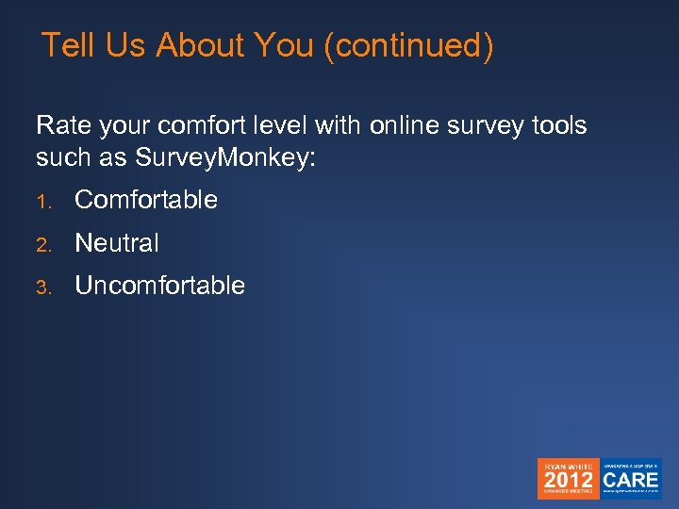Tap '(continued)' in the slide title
pyautogui.click(x=407, y=46)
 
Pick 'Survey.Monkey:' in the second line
pyautogui.click(x=225, y=157)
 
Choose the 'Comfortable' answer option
pyautogui.click(x=146, y=200)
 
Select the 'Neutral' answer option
pyautogui.click(x=117, y=243)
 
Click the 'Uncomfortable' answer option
pyautogui.click(x=159, y=286)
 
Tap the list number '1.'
pyautogui.click(x=42, y=201)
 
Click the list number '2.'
pyautogui.click(x=42, y=244)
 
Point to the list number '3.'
pyautogui.click(x=42, y=287)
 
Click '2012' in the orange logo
pyautogui.click(x=569, y=479)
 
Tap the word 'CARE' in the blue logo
pyautogui.click(x=632, y=479)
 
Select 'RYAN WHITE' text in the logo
pyautogui.click(x=568, y=465)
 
